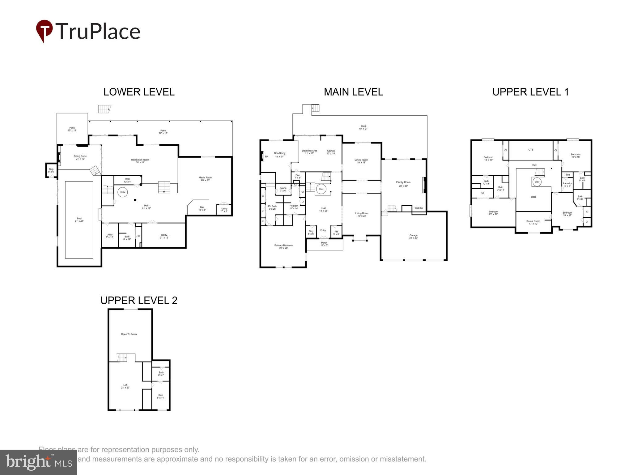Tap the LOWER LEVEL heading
[x=139, y=92]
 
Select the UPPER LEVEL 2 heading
[x=139, y=300]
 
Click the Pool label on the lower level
[x=79, y=220]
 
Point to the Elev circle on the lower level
[x=123, y=192]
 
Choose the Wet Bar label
[x=419, y=208]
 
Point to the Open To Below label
[x=129, y=334]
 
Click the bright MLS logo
[x=39, y=462]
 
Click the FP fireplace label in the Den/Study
[x=266, y=156]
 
